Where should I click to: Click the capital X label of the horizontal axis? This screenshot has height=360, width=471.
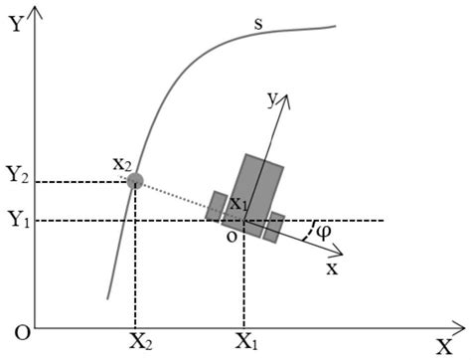tap(443, 345)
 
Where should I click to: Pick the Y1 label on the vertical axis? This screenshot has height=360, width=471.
tap(15, 220)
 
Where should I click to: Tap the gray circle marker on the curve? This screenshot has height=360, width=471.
tap(136, 181)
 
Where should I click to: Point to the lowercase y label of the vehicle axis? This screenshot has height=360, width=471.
tap(267, 98)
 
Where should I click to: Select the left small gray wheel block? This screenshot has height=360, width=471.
tap(217, 205)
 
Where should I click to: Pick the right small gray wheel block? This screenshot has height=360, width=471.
tap(274, 225)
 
